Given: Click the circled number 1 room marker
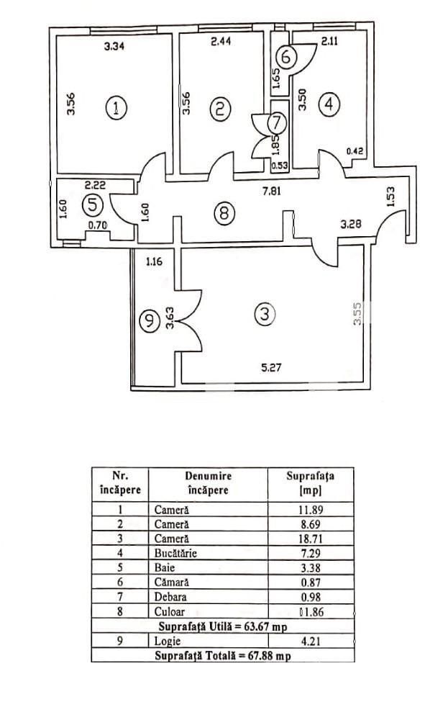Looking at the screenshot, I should [x=115, y=108].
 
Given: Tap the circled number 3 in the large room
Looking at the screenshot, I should [x=265, y=314].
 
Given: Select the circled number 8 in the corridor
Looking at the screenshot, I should [x=224, y=212].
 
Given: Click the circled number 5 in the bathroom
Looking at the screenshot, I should [x=91, y=204].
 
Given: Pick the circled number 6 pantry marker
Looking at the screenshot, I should [x=286, y=57].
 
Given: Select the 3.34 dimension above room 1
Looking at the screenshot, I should [x=116, y=47].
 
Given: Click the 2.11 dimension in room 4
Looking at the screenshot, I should [x=330, y=41].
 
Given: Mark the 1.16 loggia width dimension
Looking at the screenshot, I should [x=155, y=261].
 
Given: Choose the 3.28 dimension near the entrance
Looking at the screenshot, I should [x=351, y=225].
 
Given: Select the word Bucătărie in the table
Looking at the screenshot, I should [x=175, y=553].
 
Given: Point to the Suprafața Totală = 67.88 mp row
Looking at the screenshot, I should [x=223, y=655].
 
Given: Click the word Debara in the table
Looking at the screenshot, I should [x=170, y=597].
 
